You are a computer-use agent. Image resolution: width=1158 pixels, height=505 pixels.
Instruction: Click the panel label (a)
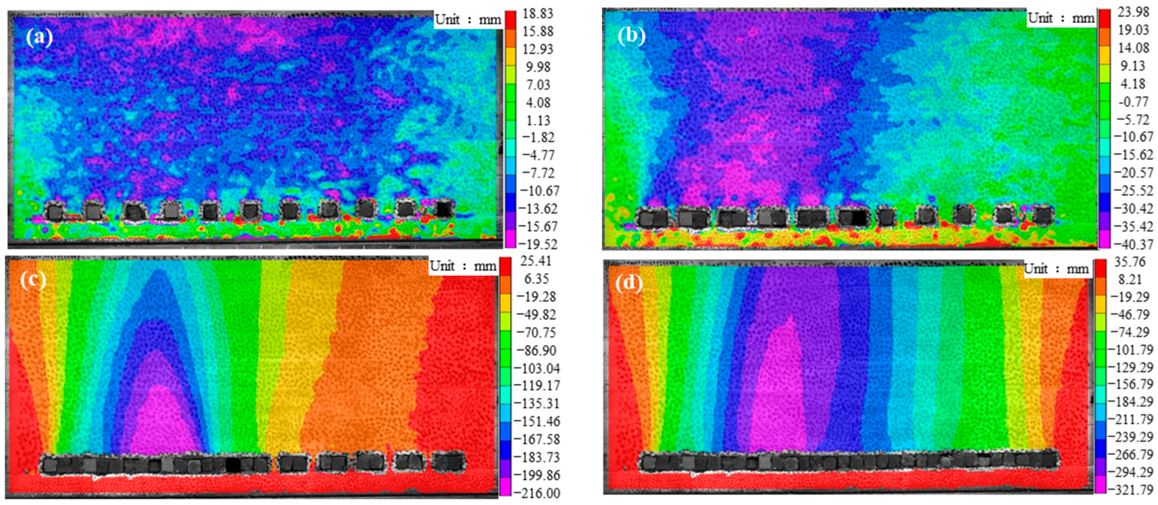pyautogui.click(x=39, y=37)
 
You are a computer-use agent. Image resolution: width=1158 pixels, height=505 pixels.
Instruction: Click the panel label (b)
pyautogui.click(x=631, y=36)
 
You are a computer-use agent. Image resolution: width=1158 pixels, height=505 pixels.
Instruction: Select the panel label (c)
pyautogui.click(x=33, y=280)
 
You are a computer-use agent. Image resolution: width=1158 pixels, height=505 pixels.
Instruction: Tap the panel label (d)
pyautogui.click(x=629, y=283)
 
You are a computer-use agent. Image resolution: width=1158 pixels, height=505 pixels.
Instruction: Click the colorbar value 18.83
pyautogui.click(x=538, y=13)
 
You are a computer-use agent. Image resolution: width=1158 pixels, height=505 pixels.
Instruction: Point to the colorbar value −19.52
pyautogui.click(x=538, y=244)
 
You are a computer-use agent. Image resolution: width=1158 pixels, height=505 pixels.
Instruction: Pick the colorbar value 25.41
pyautogui.click(x=535, y=261)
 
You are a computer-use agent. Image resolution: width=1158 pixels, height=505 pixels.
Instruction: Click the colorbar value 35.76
pyautogui.click(x=1130, y=262)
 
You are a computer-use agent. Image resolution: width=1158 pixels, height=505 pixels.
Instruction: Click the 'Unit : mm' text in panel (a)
pyautogui.click(x=468, y=20)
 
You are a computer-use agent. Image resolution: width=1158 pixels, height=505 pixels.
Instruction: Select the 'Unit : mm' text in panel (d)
pyautogui.click(x=1056, y=269)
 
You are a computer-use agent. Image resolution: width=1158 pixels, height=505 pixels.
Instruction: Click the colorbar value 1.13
pyautogui.click(x=538, y=120)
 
